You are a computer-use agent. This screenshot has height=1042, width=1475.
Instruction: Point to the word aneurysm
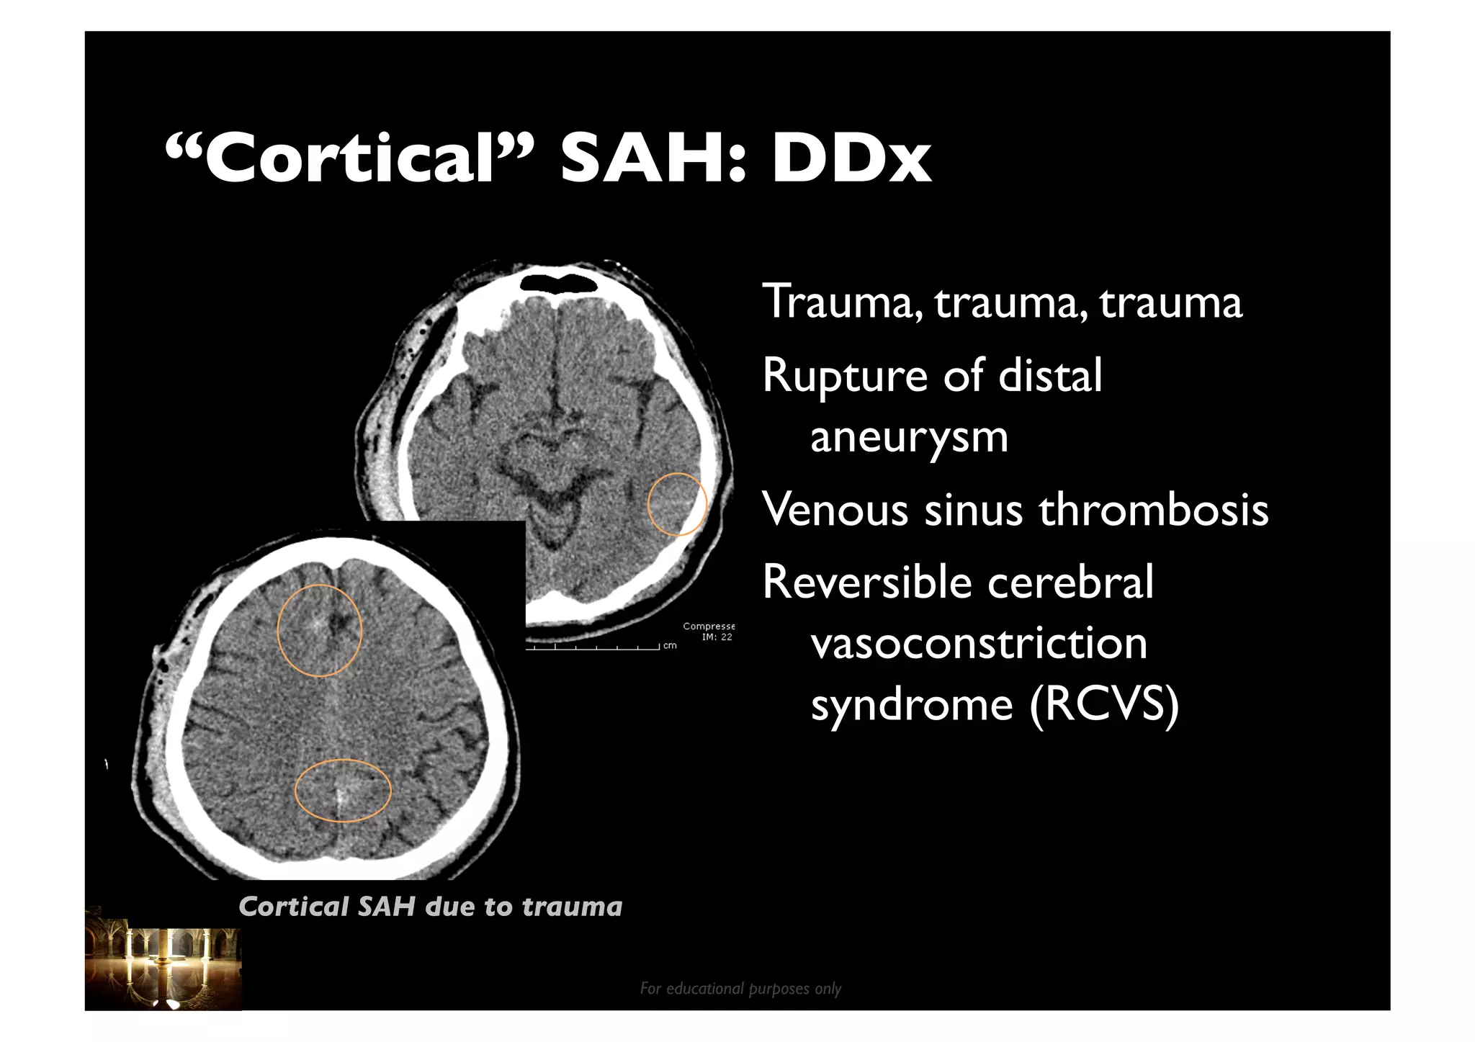point(909,437)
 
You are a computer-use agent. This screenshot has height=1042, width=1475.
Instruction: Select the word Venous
point(835,510)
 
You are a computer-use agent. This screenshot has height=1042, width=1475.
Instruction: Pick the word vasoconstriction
point(979,642)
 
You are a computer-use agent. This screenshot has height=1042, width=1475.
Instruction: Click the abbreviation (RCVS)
point(1104,704)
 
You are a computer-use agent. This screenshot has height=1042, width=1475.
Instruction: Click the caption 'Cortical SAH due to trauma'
point(430,907)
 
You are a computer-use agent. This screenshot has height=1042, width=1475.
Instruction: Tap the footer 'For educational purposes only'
point(740,989)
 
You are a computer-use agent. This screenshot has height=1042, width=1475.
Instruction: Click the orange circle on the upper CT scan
point(677,504)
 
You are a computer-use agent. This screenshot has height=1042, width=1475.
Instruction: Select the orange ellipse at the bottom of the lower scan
point(343,790)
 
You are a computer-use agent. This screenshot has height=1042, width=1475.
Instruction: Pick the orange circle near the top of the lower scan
point(319,629)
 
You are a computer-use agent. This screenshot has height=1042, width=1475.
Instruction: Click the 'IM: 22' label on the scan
point(717,637)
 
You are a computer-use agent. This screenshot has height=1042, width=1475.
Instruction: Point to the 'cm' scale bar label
point(670,646)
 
